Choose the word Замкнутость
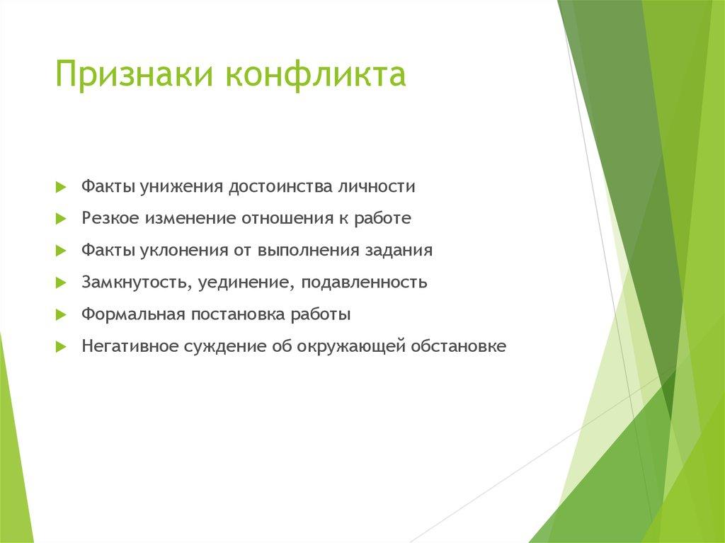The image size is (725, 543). point(135,283)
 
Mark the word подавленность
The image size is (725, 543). point(364,283)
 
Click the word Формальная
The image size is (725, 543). point(132,315)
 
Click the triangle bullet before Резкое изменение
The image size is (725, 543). point(60,219)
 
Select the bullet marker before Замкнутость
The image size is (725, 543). point(60,283)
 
